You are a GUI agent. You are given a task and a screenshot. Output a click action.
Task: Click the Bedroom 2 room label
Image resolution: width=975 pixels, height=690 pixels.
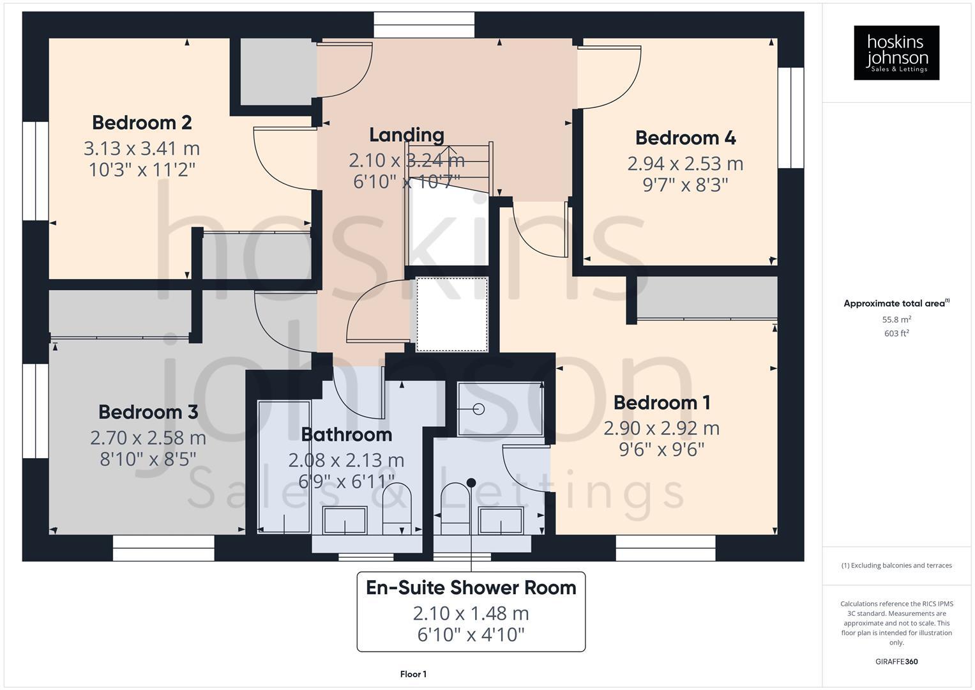tap(142, 122)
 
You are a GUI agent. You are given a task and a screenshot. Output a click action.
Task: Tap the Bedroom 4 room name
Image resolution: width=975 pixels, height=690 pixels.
tap(685, 137)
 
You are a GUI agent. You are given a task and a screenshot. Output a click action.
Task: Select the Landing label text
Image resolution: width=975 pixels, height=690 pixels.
tap(407, 135)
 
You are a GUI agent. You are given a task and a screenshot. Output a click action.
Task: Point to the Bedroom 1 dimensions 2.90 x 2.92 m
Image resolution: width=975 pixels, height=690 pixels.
tap(661, 428)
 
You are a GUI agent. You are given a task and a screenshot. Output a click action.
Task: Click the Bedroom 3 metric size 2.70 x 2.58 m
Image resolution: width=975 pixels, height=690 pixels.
tap(148, 438)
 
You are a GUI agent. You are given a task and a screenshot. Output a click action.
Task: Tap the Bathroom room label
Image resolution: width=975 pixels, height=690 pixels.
tap(346, 434)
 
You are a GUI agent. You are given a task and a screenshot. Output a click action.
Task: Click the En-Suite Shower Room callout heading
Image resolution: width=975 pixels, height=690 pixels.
tap(471, 587)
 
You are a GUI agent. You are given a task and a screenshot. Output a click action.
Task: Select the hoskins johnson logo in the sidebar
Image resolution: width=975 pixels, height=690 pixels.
tap(896, 53)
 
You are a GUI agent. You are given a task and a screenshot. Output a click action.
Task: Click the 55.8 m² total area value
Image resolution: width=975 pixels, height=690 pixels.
tap(896, 319)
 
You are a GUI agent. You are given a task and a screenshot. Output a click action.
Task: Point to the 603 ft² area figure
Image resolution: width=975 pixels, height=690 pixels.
tap(896, 333)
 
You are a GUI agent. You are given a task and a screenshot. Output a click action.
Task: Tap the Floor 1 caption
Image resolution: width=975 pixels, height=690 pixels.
tap(413, 674)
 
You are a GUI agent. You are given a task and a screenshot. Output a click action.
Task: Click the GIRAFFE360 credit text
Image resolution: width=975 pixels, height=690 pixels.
tap(896, 661)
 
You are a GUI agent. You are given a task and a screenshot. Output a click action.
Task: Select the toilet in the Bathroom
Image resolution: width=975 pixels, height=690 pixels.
tap(397, 508)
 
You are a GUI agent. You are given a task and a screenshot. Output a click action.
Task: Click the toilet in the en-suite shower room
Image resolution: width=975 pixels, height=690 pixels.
tap(455, 508)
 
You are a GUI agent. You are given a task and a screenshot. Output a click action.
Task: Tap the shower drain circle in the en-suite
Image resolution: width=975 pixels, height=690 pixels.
tap(479, 409)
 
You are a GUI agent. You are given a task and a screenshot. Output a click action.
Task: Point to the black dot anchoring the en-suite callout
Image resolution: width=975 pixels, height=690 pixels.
tap(471, 483)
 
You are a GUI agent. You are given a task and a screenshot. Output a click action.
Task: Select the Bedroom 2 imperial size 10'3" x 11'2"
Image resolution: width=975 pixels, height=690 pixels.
tap(142, 170)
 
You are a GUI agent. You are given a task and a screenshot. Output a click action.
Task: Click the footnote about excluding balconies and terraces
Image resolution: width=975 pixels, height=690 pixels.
tap(896, 565)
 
